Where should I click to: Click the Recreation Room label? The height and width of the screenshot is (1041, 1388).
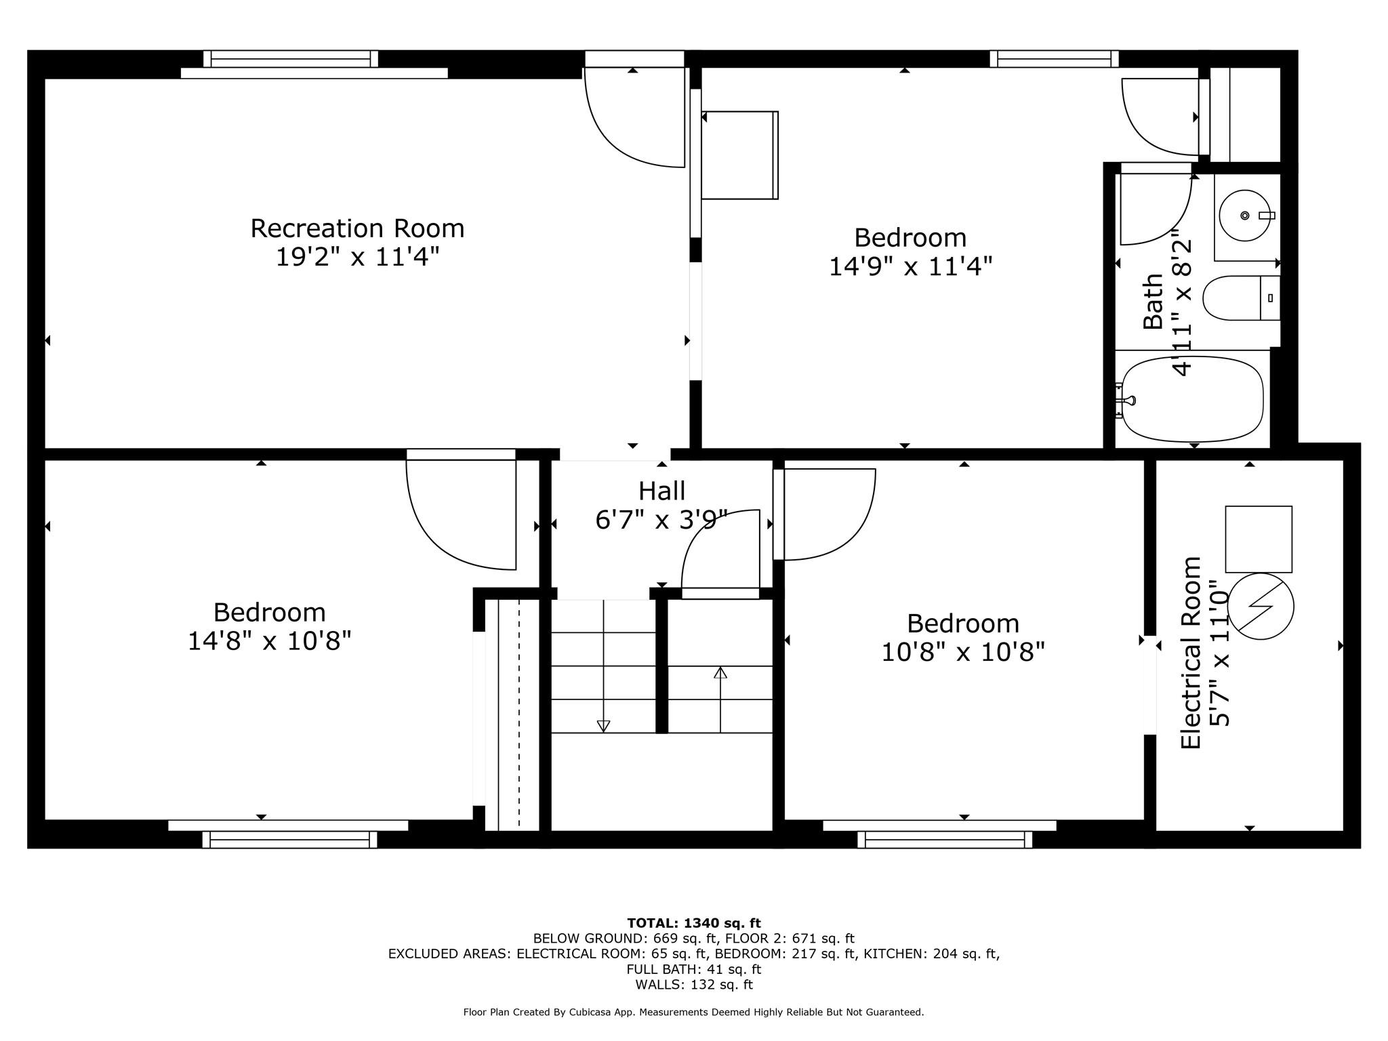pyautogui.click(x=357, y=228)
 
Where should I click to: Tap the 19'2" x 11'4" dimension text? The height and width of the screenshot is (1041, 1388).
pyautogui.click(x=357, y=258)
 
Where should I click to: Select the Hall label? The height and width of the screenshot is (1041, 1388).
pyautogui.click(x=661, y=491)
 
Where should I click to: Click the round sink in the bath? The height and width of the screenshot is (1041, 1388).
pyautogui.click(x=1244, y=216)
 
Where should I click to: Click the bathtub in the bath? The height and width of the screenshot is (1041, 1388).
pyautogui.click(x=1193, y=399)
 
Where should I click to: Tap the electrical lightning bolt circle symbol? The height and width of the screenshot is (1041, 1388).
pyautogui.click(x=1261, y=606)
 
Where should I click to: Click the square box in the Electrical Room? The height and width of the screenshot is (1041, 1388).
pyautogui.click(x=1258, y=539)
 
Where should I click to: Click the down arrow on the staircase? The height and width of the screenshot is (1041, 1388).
pyautogui.click(x=603, y=726)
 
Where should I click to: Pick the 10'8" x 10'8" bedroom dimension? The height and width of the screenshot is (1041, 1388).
pyautogui.click(x=963, y=653)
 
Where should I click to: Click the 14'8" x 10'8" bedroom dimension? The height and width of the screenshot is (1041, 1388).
pyautogui.click(x=269, y=641)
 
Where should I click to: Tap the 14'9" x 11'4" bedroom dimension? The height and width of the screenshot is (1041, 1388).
pyautogui.click(x=910, y=267)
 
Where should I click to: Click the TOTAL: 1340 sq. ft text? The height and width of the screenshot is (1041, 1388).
pyautogui.click(x=693, y=923)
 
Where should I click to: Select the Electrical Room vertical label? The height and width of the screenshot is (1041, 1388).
pyautogui.click(x=1190, y=652)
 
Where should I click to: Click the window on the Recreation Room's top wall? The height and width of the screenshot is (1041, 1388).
pyautogui.click(x=291, y=59)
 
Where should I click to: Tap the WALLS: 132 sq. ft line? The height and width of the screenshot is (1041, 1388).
pyautogui.click(x=693, y=985)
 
